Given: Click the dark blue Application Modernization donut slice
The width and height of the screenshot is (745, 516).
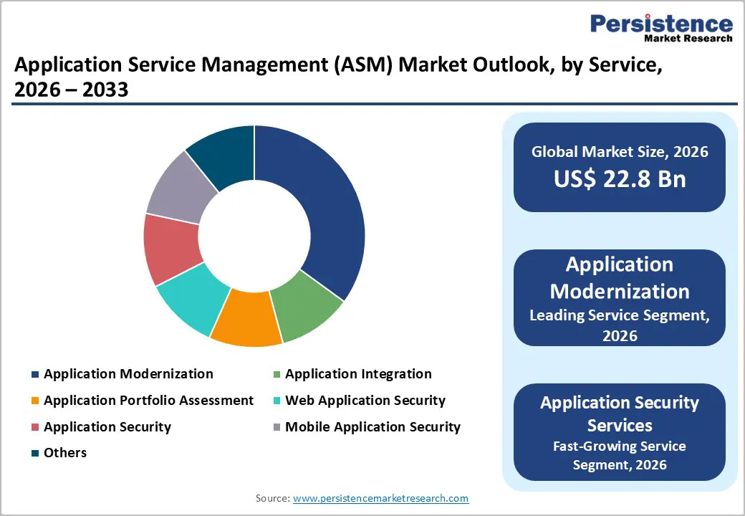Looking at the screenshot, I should point(322,208).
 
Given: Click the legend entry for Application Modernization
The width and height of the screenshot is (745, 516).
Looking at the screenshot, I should point(128,374).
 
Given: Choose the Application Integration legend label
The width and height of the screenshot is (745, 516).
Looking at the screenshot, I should point(358,374).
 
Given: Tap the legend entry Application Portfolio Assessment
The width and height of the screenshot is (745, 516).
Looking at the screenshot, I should point(148,401).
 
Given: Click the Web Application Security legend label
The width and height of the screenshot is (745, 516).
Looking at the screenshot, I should point(365,401).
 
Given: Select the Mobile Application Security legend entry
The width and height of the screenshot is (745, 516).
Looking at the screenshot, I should point(372,427).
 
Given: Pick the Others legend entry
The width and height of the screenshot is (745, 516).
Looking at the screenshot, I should point(64,453).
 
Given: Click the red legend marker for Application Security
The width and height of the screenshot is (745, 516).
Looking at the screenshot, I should point(34,428).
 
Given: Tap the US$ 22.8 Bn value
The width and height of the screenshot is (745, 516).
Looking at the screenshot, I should point(620,179).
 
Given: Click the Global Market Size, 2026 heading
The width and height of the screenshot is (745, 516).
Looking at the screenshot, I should point(620,151).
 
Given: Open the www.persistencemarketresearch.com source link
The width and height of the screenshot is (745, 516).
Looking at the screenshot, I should point(380,498).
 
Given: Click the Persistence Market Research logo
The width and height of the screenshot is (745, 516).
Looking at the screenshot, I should point(660,28).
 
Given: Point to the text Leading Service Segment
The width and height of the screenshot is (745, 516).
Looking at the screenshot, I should point(620,315).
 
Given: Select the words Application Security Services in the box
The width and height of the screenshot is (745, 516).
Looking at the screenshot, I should point(620,414).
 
